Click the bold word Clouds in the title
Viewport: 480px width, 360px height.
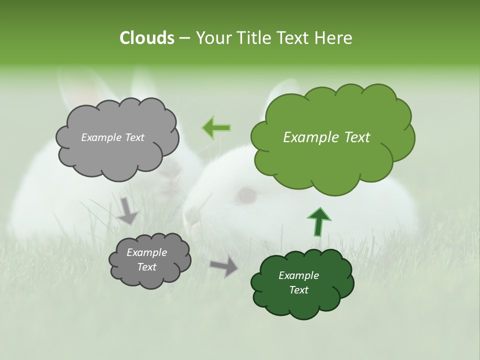(x=146, y=38)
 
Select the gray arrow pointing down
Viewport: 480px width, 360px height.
(x=128, y=210)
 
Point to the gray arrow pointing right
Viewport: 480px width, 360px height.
(x=224, y=265)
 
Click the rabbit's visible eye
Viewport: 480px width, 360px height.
(x=246, y=195)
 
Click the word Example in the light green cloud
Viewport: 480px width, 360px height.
(x=306, y=137)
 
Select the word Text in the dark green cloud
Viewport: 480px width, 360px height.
(x=298, y=290)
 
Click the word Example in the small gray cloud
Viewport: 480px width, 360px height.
(x=146, y=252)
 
